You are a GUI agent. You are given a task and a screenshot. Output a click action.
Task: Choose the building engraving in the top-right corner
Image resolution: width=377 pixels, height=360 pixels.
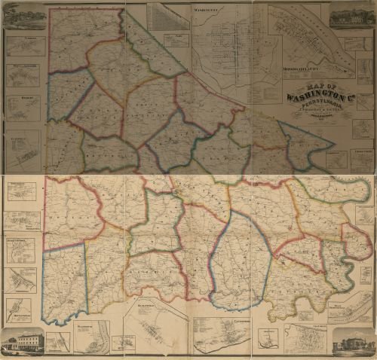coord(351,15)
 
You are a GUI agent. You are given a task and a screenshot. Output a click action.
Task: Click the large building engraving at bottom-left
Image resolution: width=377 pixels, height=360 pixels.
coord(22,343)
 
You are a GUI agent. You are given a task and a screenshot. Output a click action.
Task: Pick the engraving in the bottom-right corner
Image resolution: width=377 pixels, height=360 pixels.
coord(352,342)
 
